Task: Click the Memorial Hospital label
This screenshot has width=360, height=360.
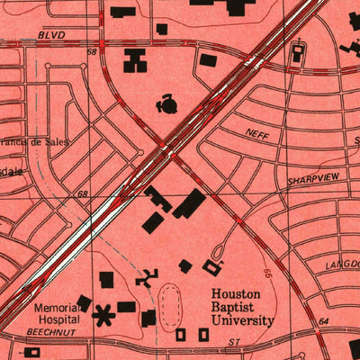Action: click(58, 313)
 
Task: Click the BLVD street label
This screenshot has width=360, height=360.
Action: click(53, 34)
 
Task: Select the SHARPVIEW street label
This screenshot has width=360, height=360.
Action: click(313, 179)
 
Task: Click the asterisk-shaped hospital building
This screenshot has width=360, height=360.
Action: click(105, 315)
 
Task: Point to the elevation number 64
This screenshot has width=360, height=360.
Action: click(322, 320)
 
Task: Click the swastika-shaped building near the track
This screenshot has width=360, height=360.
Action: click(145, 278)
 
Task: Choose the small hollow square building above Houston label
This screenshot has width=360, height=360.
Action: click(213, 267)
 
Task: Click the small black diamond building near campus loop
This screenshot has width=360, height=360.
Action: click(185, 265)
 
